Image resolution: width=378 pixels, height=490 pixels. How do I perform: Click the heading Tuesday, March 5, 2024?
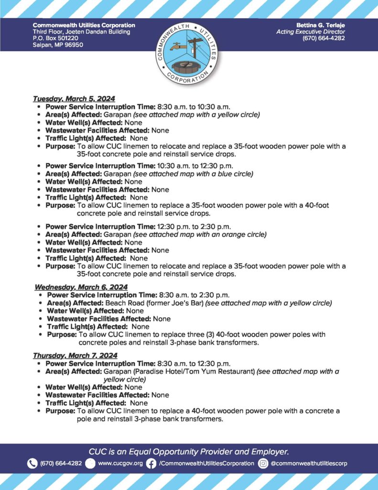click(74, 99)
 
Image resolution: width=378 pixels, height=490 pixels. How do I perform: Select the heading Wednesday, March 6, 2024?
click(81, 287)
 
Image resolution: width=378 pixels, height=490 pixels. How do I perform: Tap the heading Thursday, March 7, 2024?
click(75, 356)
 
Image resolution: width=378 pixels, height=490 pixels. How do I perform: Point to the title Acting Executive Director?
click(311, 32)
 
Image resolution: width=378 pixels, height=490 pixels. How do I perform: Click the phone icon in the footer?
click(32, 463)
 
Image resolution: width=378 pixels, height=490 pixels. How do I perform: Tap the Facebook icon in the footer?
click(151, 463)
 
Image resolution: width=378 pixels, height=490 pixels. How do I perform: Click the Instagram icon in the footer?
click(263, 463)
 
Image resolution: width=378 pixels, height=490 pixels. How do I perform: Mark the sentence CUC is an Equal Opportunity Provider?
click(189, 451)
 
